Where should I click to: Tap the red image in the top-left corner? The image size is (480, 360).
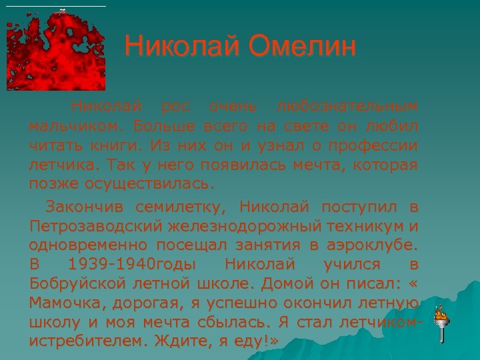click(x=56, y=50)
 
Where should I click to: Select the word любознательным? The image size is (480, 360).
click(x=347, y=106)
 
